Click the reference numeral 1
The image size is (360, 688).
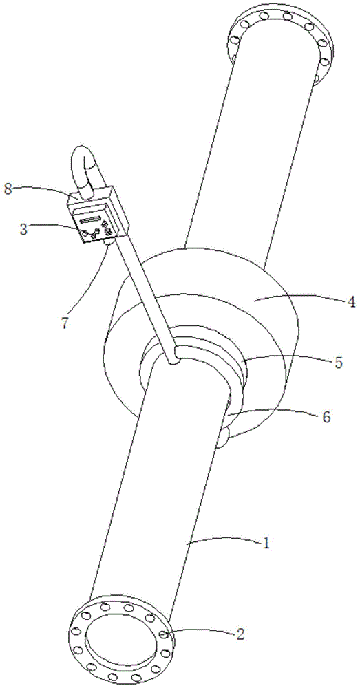[266, 544]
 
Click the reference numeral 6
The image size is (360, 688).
[326, 417]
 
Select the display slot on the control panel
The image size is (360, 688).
[90, 220]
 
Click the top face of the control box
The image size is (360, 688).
[92, 195]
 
